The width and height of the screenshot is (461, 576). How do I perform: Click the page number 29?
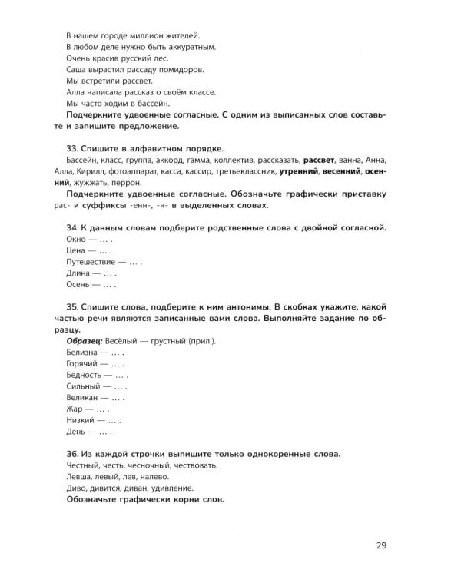click(x=382, y=546)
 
